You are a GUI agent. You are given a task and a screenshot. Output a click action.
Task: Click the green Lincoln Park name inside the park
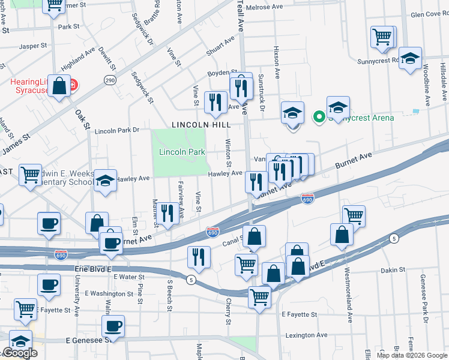point(182,152)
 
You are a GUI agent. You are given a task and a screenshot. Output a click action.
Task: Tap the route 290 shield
point(109,80)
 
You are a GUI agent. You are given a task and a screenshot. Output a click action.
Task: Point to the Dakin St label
point(393,271)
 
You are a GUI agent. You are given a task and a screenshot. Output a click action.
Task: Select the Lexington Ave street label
point(306,335)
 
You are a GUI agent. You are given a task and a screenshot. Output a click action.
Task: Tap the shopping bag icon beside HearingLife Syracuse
point(60,86)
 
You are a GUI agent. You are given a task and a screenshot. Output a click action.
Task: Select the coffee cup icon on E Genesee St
point(113,326)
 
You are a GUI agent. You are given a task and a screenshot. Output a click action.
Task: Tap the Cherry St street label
point(228,312)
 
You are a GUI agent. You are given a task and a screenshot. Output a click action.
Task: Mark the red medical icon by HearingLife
point(73,85)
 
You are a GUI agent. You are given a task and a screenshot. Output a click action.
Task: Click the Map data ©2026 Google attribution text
point(411,355)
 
